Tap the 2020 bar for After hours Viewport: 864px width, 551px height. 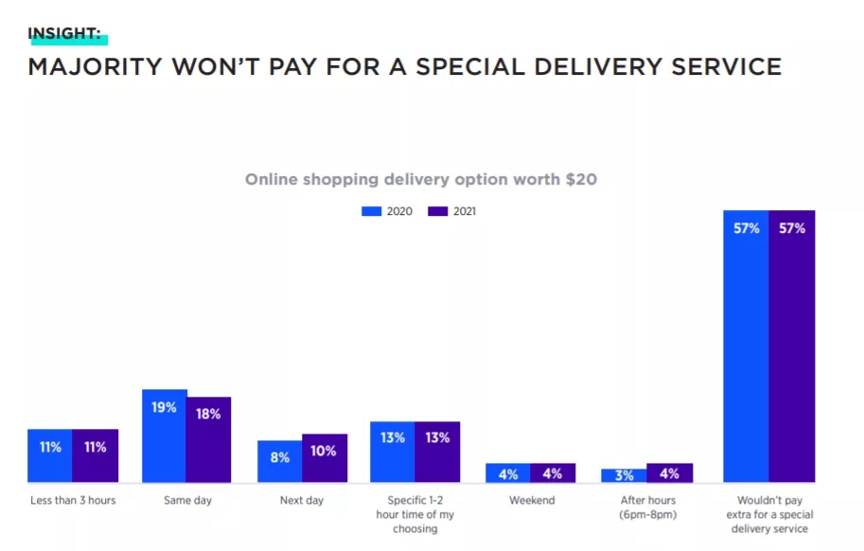[x=624, y=476]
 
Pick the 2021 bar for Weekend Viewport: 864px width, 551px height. [x=553, y=473]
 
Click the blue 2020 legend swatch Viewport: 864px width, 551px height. [x=371, y=211]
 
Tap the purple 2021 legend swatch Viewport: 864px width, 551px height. [x=436, y=211]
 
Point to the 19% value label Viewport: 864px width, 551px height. [x=164, y=407]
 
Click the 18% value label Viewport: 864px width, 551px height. [x=208, y=414]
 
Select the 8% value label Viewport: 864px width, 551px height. [x=279, y=457]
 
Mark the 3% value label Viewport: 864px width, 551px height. [x=624, y=475]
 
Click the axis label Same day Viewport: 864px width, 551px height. [x=187, y=500]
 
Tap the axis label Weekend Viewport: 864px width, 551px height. [x=531, y=500]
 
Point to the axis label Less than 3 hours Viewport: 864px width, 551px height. [x=73, y=500]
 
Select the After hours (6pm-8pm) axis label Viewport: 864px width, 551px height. [x=646, y=507]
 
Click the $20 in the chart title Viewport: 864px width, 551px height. [x=580, y=179]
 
